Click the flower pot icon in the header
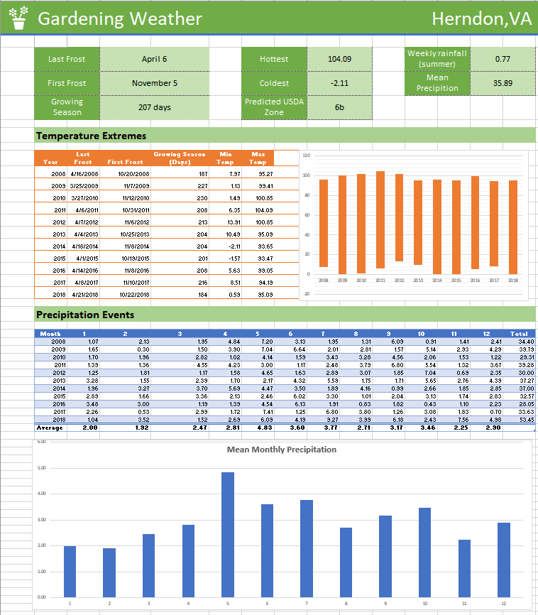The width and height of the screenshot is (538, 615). [18, 18]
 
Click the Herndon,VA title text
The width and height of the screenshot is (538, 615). [481, 19]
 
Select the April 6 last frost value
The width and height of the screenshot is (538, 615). [154, 59]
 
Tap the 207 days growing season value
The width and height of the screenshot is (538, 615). [154, 107]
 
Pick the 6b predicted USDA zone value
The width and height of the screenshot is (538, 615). [339, 107]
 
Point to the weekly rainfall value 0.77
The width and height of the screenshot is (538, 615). [503, 59]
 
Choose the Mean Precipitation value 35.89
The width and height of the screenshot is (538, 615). [503, 83]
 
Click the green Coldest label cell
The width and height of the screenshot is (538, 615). [274, 83]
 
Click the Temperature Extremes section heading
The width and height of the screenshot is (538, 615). [91, 136]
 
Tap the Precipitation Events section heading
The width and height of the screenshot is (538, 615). [84, 315]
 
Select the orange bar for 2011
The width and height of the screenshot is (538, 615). [380, 219]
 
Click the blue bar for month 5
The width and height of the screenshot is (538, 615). [228, 534]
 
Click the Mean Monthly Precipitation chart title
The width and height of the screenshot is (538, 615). [281, 450]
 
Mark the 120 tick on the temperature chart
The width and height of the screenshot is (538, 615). [306, 156]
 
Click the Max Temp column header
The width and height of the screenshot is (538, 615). [258, 158]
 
